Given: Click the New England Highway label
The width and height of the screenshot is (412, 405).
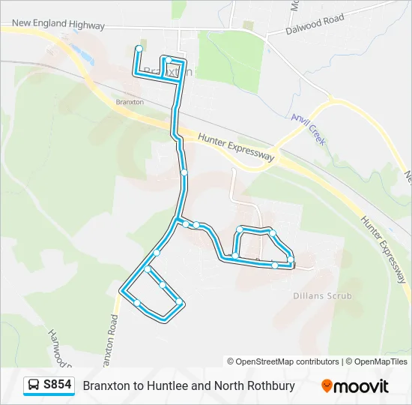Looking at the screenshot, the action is coord(58,25).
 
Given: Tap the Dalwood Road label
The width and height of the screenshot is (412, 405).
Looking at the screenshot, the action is coord(315,24).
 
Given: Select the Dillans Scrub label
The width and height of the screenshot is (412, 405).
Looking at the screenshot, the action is coord(322,296).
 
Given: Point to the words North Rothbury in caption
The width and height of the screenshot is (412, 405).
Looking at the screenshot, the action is coord(254,385).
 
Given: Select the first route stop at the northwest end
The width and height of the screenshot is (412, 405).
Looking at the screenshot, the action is coord(139,49).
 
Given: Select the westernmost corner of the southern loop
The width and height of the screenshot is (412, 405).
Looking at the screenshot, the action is coord(122,288).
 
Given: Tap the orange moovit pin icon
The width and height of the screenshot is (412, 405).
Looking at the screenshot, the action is coord(327,385).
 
